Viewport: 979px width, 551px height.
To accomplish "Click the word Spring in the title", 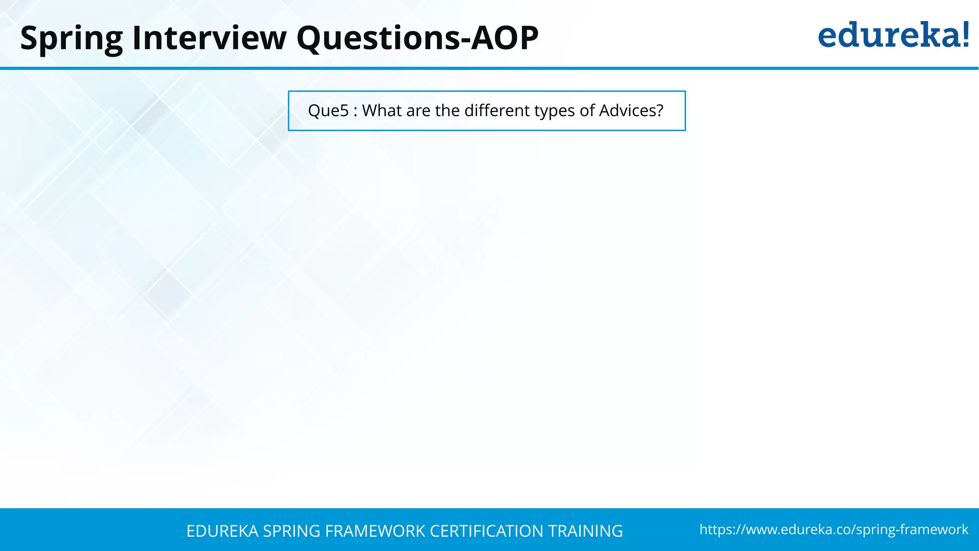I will click(72, 38).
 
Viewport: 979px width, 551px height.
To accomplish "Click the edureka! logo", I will click(893, 35).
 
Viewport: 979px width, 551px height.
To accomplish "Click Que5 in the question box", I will click(328, 111).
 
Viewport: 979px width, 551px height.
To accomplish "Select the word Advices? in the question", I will click(631, 110).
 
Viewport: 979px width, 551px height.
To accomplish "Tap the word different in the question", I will click(497, 110).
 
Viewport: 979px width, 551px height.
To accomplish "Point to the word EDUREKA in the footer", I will click(222, 531).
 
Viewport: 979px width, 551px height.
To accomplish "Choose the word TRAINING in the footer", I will click(585, 531).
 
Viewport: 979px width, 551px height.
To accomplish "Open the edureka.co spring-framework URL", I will click(834, 529).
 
